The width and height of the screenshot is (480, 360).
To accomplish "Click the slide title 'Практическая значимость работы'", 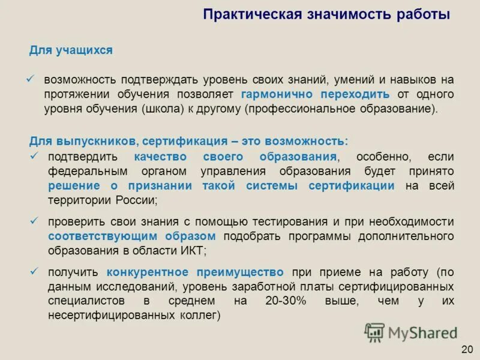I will tap(326, 14).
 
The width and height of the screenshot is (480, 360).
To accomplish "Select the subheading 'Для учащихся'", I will tap(71, 50).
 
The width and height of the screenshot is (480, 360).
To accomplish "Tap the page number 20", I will tap(467, 349).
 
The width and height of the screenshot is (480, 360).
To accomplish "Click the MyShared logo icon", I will tap(375, 332).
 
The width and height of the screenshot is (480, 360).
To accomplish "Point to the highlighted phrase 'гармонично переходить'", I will tap(315, 94).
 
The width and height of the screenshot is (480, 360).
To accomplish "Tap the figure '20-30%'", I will tap(285, 301).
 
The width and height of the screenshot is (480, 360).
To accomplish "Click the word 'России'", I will tap(136, 200).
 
